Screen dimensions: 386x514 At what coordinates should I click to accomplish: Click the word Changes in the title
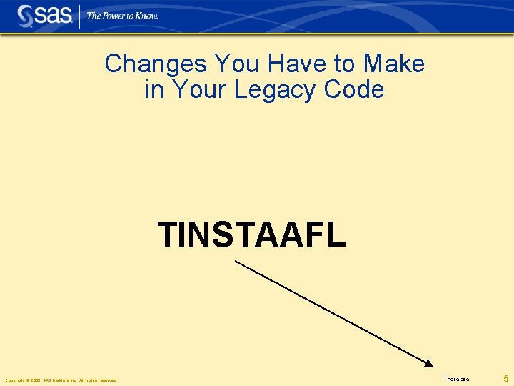click(146, 64)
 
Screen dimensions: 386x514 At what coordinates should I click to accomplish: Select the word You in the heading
click(217, 64)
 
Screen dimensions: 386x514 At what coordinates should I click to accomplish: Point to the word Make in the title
click(394, 64)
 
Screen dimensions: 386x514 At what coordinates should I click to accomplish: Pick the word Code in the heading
click(354, 90)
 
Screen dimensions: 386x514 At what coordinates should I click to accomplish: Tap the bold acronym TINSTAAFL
click(251, 234)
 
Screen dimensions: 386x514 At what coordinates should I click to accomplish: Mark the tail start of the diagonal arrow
click(236, 262)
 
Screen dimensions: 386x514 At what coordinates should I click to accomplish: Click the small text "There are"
click(456, 379)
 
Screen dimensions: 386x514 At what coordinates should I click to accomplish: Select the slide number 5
click(505, 378)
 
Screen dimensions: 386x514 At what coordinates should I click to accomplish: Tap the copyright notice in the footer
click(61, 380)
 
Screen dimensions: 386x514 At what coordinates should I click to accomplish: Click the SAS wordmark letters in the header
click(54, 15)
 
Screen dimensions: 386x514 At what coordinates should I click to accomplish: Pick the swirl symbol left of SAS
click(26, 16)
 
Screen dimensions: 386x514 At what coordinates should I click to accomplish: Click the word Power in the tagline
click(114, 16)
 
